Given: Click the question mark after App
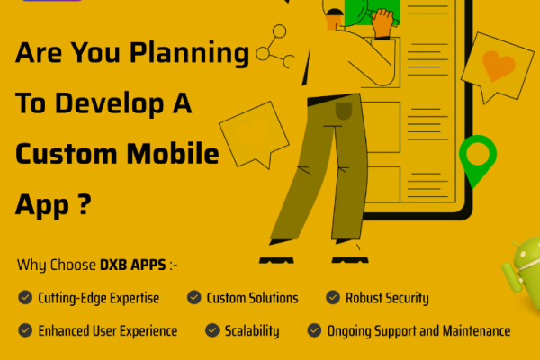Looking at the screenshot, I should click(x=85, y=205).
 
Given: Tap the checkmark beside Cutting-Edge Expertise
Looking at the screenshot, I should click(x=23, y=298).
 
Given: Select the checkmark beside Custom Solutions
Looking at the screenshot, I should click(x=193, y=298).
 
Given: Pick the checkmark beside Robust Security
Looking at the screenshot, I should click(x=332, y=298).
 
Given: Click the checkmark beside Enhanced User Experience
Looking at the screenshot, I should click(x=23, y=330).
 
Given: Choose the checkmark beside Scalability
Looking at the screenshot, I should click(x=211, y=330).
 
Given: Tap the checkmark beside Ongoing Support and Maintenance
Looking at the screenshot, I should click(x=314, y=330).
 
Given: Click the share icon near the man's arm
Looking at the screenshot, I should click(x=275, y=53).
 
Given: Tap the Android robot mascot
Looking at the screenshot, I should click(x=522, y=270).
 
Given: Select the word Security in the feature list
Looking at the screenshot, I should click(x=400, y=298).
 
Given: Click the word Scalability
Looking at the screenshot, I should click(x=253, y=330).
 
